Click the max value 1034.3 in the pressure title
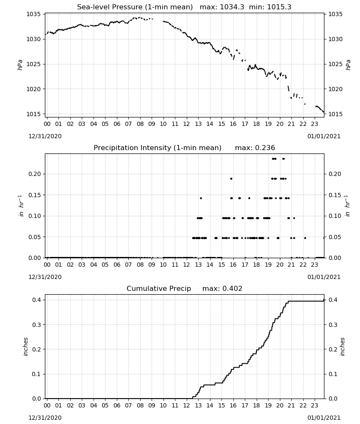[232, 7]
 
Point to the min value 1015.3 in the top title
[279, 7]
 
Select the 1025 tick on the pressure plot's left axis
[33, 64]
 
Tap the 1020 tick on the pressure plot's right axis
[335, 89]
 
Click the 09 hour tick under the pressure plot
[152, 124]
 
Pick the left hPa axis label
[20, 65]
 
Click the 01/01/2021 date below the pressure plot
[324, 136]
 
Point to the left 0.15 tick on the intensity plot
[35, 195]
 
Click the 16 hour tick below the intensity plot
[233, 265]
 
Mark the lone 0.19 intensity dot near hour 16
[231, 179]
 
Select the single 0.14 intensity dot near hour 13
[201, 198]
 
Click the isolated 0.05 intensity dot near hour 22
[305, 238]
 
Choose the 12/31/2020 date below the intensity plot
[45, 277]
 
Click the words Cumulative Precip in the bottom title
[159, 288]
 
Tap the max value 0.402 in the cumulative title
[232, 288]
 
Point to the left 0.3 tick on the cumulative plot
[36, 324]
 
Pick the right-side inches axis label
[342, 347]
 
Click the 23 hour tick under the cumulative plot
[315, 405]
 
